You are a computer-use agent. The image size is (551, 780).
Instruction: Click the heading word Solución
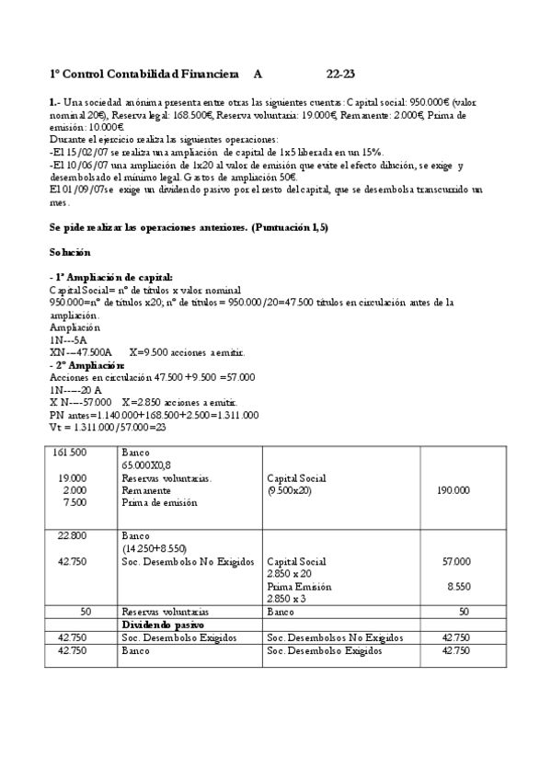pos(69,251)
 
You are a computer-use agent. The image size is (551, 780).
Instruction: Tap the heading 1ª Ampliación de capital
pos(111,277)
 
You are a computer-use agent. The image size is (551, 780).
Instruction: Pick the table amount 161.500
pos(71,453)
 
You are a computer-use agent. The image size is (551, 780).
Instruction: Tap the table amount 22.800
pos(72,535)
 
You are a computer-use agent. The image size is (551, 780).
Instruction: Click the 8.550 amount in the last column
pos(458,585)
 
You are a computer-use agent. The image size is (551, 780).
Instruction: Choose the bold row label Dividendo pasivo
pos(162,624)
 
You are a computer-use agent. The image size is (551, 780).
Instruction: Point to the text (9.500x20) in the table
pos(289,491)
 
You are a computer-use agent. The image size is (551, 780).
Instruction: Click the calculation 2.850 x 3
pos(288,598)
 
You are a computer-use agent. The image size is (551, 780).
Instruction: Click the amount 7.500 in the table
pos(75,503)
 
